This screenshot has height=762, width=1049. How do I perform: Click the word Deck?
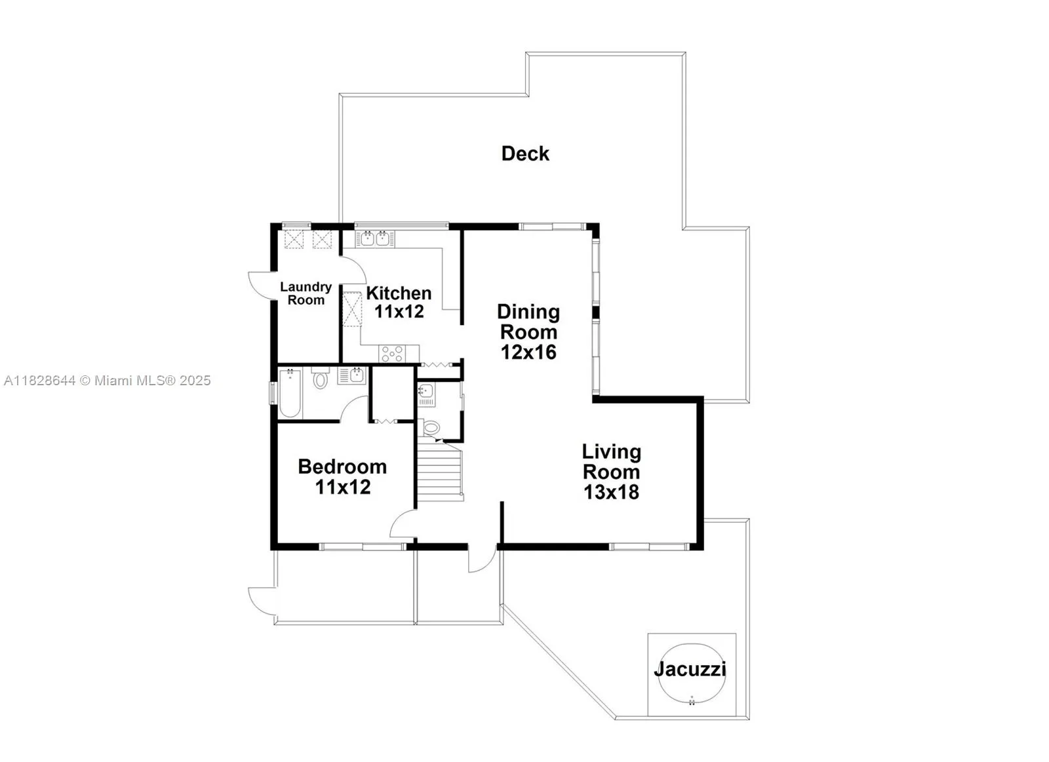[x=525, y=153]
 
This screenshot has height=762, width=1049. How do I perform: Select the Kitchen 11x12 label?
[x=399, y=302]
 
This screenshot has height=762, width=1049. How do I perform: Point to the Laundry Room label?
[x=306, y=294]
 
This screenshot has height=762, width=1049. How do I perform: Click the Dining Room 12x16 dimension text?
[x=528, y=352]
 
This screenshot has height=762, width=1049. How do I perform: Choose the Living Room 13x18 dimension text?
[x=611, y=492]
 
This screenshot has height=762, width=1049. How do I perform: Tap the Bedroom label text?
[x=342, y=467]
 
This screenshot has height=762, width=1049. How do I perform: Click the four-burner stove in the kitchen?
[x=392, y=354]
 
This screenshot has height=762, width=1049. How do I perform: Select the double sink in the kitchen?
[x=374, y=238]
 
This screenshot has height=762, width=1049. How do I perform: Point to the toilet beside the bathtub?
[x=320, y=378]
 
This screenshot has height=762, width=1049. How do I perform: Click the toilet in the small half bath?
[x=431, y=428]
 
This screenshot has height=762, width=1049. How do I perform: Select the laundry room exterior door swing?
[x=260, y=285]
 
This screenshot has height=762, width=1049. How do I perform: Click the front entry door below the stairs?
[x=482, y=559]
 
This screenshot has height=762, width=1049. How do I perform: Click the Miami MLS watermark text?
[x=108, y=380]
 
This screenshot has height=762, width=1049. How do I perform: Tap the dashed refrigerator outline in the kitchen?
[x=353, y=309]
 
